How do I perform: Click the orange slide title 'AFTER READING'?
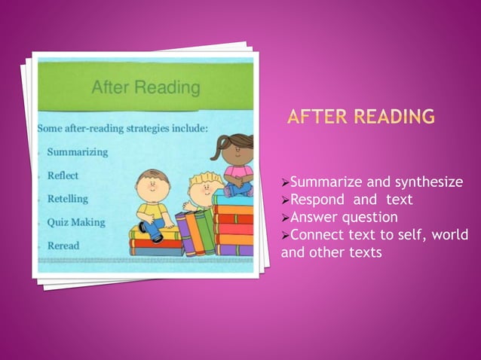point(360,117)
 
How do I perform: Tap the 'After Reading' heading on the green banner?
point(146,88)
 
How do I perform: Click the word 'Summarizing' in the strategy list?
point(78,151)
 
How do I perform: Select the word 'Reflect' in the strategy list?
point(63,175)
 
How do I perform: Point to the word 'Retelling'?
point(68,199)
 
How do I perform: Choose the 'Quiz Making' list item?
point(76,222)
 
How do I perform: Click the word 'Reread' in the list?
point(63,246)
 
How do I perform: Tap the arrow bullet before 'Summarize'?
point(285,182)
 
